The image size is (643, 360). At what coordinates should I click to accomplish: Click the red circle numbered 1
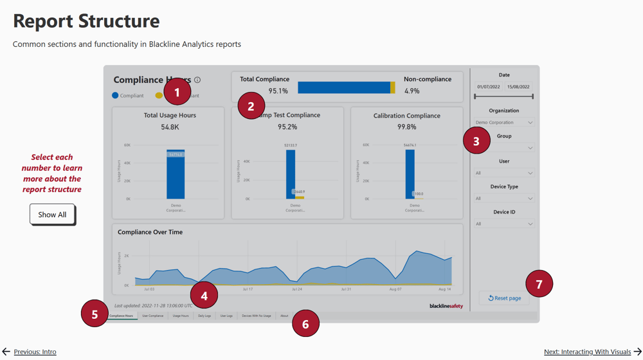click(177, 93)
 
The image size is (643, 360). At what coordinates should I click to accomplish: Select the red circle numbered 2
click(251, 106)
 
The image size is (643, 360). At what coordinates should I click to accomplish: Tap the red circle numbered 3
click(476, 141)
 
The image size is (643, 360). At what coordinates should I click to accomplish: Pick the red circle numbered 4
click(204, 296)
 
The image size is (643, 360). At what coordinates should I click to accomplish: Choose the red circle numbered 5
click(95, 314)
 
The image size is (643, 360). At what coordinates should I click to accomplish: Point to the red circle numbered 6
click(305, 324)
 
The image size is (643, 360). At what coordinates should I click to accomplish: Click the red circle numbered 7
click(539, 283)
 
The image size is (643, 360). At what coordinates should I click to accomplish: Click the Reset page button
click(504, 298)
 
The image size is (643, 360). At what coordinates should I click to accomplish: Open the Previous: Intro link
click(35, 352)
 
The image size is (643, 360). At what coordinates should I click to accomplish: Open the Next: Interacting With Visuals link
click(587, 352)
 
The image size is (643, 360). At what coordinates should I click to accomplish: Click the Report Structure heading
click(86, 21)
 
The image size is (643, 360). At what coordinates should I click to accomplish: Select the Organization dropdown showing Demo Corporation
click(504, 122)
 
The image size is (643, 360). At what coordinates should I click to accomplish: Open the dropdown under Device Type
click(504, 199)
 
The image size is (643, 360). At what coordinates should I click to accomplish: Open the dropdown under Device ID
click(504, 224)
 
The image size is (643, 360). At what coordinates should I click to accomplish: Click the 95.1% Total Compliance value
click(278, 91)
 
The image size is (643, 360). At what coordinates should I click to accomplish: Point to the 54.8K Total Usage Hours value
click(170, 127)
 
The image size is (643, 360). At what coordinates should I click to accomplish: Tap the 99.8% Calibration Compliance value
click(406, 127)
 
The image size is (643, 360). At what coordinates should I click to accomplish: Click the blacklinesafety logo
click(446, 306)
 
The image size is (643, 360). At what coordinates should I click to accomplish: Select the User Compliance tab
click(152, 316)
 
